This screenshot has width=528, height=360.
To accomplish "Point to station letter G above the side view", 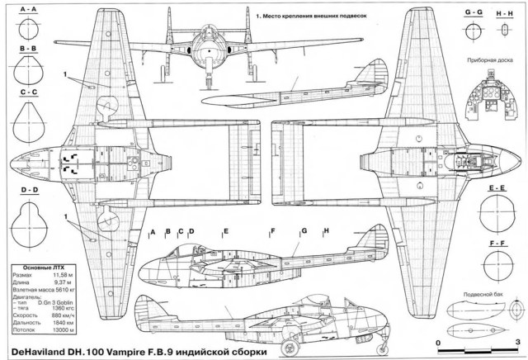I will click(x=304, y=231).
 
